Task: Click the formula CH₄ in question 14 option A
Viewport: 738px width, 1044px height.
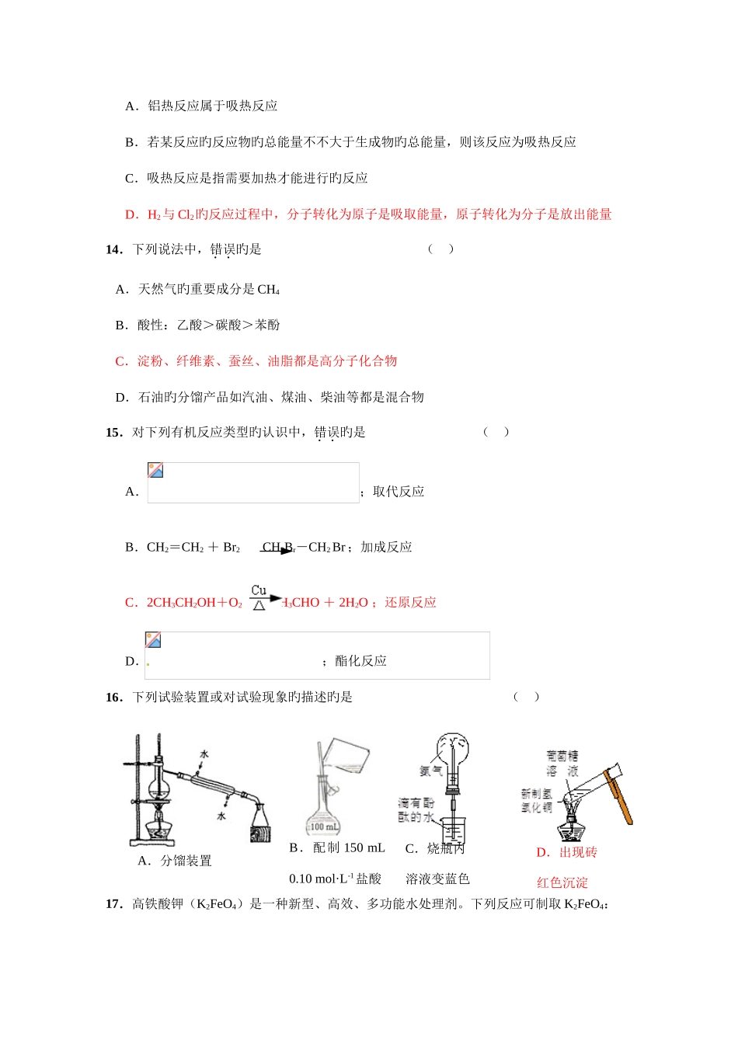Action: click(x=268, y=290)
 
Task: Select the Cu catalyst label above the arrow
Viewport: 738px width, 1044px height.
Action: click(x=259, y=590)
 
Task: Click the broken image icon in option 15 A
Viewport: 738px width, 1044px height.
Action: click(x=155, y=471)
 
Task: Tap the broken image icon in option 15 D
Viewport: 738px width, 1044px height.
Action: click(x=153, y=640)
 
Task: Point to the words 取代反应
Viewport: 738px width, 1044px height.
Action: click(x=399, y=492)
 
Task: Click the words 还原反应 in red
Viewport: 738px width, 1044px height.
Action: click(x=410, y=603)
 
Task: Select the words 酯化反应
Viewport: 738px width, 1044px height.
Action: click(x=360, y=661)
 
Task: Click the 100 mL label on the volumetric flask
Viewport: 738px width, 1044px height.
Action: click(x=324, y=826)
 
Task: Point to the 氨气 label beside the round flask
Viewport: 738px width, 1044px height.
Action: click(x=431, y=771)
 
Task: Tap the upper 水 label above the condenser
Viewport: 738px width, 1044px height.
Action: click(x=204, y=754)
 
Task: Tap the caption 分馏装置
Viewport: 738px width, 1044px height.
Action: click(x=186, y=861)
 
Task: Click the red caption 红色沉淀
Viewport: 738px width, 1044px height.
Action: click(x=562, y=883)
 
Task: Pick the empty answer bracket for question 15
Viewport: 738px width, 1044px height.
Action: click(x=496, y=432)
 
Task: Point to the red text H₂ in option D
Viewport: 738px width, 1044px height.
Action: click(x=154, y=215)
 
